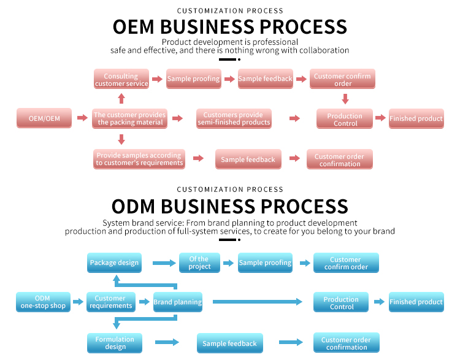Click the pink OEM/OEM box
pos(44,118)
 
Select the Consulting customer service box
pos(121,80)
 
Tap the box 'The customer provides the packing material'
pos(129,118)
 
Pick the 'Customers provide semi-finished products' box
pos(234,118)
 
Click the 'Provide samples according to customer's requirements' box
pos(139,159)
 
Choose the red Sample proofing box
pos(193,79)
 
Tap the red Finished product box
pos(416,118)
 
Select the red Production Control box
pos(344,119)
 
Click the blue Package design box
pos(114,262)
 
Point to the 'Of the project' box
pos(199,262)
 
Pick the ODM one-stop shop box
pos(42,302)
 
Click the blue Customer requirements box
pos(110,302)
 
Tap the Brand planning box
pos(177,302)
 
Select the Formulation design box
pos(115,343)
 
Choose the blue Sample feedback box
pos(229,343)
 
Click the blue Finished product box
pos(416,302)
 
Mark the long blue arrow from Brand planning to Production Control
pos(257,302)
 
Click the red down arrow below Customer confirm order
pos(345,98)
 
